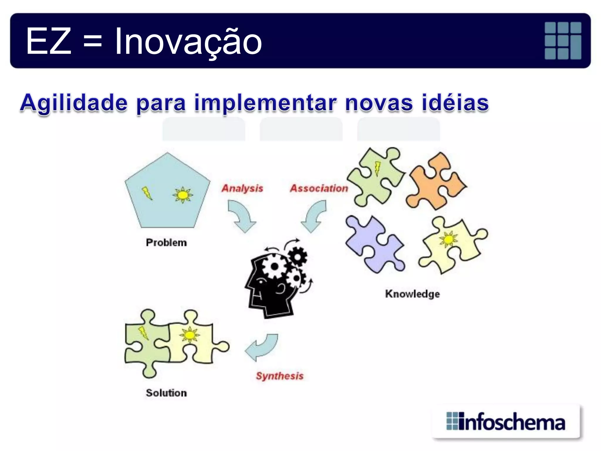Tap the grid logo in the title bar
[x=563, y=41]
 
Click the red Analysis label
[x=242, y=188]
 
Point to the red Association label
[x=319, y=188]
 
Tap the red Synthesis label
[x=280, y=376]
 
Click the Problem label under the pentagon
[x=166, y=243]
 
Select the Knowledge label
[x=412, y=294]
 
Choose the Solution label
[x=166, y=393]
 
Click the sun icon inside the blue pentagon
[x=183, y=195]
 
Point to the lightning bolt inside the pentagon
[x=147, y=193]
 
